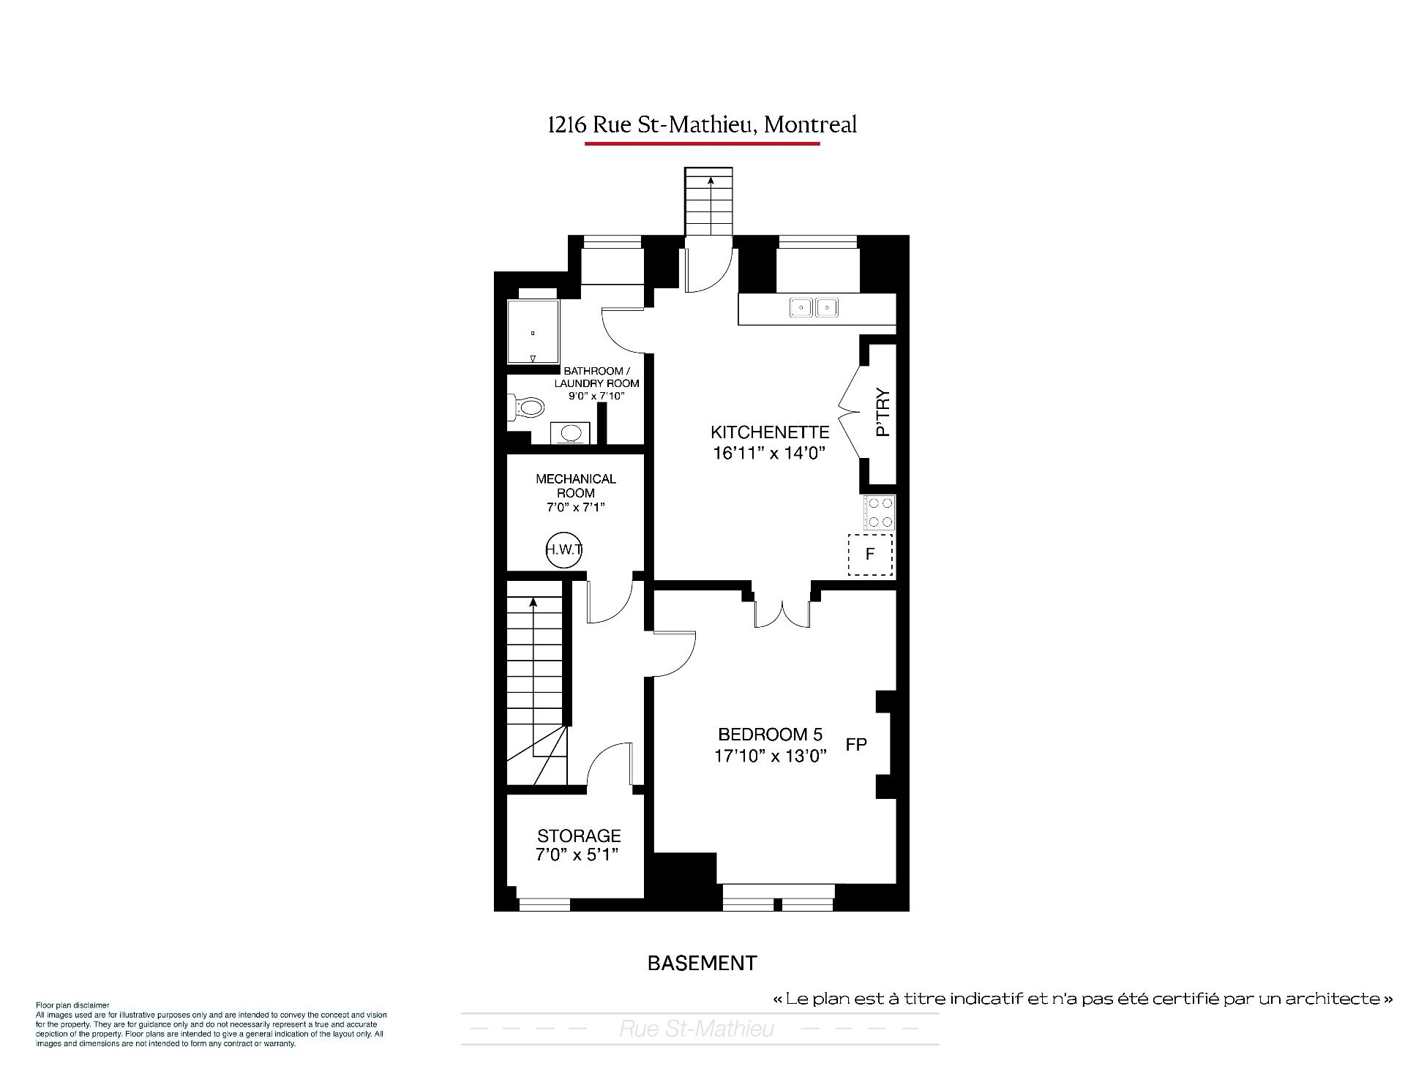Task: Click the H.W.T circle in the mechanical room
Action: tap(563, 550)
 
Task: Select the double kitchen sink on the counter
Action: tap(814, 307)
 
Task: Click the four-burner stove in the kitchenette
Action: tap(879, 512)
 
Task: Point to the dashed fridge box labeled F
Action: tap(870, 555)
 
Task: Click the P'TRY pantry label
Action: tap(883, 412)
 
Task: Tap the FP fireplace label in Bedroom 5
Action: tap(856, 745)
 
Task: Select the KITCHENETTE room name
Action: tap(770, 432)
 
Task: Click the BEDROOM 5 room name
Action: tap(771, 734)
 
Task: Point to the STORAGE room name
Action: tap(579, 836)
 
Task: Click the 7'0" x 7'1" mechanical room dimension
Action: tap(576, 507)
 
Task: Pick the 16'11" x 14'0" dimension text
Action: tap(769, 453)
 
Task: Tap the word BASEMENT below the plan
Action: tap(702, 963)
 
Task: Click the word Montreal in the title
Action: tap(810, 124)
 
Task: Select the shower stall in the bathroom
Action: tap(533, 331)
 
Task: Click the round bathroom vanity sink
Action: tap(571, 434)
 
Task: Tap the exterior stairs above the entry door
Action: tap(708, 201)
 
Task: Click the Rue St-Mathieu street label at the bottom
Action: tap(697, 1029)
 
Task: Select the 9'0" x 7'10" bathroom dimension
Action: tap(596, 396)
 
